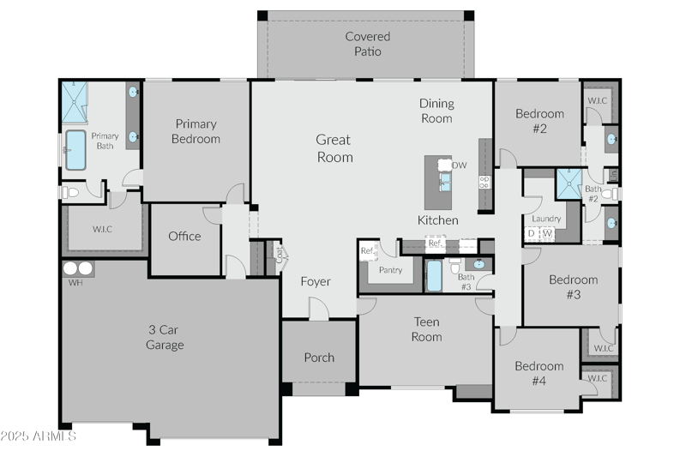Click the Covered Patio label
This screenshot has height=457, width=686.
pyautogui.click(x=367, y=44)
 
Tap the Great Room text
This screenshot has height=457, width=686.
pyautogui.click(x=334, y=148)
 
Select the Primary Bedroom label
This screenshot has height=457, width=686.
pyautogui.click(x=196, y=131)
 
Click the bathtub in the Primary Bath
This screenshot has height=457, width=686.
pyautogui.click(x=75, y=150)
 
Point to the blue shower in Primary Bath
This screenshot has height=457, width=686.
pyautogui.click(x=74, y=103)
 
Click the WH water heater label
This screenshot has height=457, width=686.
pyautogui.click(x=75, y=282)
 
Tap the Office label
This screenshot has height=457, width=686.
pyautogui.click(x=184, y=237)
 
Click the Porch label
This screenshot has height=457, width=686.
pyautogui.click(x=319, y=358)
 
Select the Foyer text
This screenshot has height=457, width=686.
pyautogui.click(x=315, y=281)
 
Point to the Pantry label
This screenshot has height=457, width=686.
pyautogui.click(x=390, y=270)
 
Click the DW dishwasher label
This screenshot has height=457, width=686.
pyautogui.click(x=460, y=165)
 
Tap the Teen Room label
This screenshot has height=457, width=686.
pyautogui.click(x=426, y=329)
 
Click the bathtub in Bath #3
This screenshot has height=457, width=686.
pyautogui.click(x=434, y=276)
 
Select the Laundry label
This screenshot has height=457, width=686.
pyautogui.click(x=545, y=219)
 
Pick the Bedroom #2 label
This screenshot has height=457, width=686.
pyautogui.click(x=539, y=121)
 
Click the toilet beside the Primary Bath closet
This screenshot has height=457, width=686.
pyautogui.click(x=70, y=193)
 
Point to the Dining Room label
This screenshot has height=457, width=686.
pyautogui.click(x=436, y=111)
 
